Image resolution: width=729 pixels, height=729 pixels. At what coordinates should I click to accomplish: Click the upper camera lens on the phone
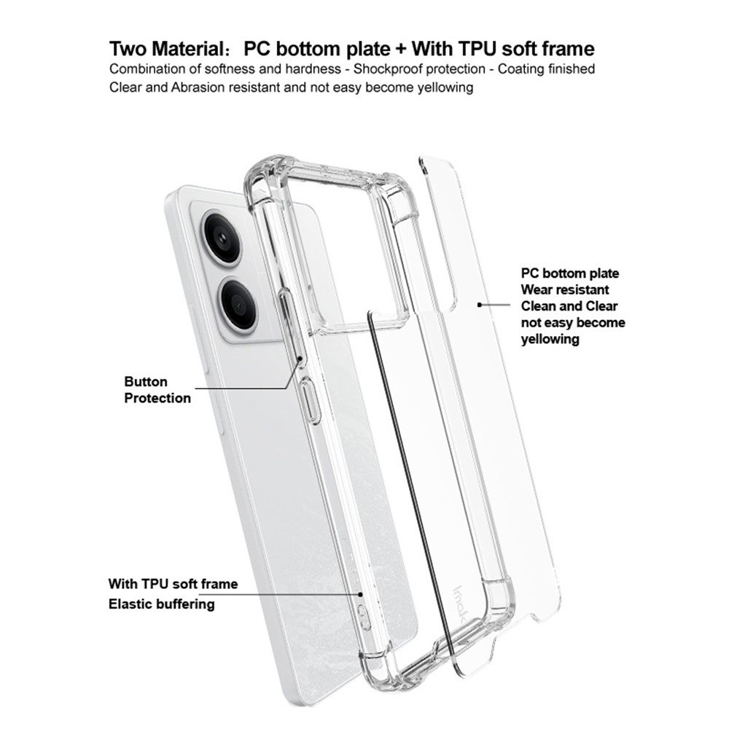pyautogui.click(x=222, y=238)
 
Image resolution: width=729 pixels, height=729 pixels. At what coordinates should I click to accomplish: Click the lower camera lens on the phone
pyautogui.click(x=239, y=303)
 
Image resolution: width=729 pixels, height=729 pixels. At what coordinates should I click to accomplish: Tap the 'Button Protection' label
pyautogui.click(x=157, y=389)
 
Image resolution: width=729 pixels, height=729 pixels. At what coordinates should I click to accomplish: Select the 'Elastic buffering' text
pyautogui.click(x=161, y=604)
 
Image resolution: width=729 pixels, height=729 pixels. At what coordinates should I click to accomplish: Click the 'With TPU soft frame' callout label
pyautogui.click(x=173, y=583)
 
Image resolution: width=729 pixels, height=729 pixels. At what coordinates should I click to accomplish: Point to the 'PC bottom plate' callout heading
pyautogui.click(x=569, y=273)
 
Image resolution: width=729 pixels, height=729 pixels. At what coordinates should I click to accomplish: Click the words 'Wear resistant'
pyautogui.click(x=565, y=289)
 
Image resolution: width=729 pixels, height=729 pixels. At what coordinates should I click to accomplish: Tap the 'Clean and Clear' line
pyautogui.click(x=569, y=306)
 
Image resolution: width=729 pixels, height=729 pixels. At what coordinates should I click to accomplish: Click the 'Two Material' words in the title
pyautogui.click(x=167, y=49)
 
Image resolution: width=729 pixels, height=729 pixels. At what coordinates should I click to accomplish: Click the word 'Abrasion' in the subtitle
pyautogui.click(x=198, y=87)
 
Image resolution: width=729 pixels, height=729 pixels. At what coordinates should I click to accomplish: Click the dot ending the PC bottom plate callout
pyautogui.click(x=480, y=305)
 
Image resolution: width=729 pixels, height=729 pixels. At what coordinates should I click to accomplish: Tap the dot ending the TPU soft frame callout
pyautogui.click(x=360, y=593)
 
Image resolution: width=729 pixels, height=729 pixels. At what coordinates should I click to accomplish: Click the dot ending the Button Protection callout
pyautogui.click(x=300, y=359)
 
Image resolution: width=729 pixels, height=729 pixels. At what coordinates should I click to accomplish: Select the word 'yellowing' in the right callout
pyautogui.click(x=550, y=340)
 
